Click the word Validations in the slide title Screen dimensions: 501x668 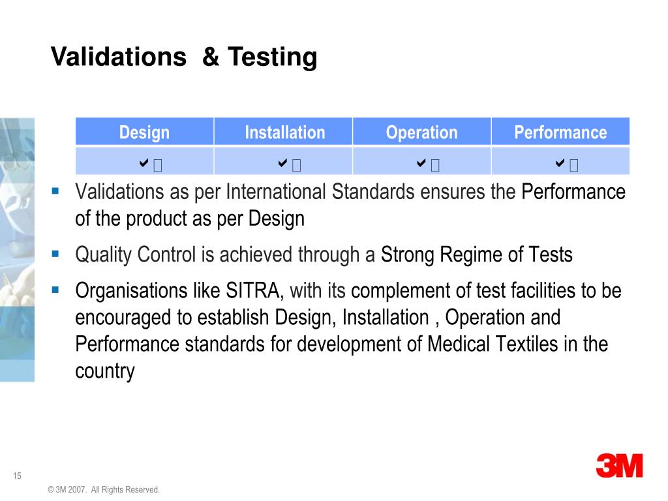click(118, 57)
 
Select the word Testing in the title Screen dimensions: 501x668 click(273, 57)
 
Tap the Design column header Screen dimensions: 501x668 click(144, 132)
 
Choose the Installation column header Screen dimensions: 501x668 click(284, 132)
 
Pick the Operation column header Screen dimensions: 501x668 click(421, 132)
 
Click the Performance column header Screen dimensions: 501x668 click(560, 132)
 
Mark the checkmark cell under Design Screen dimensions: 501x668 click(145, 162)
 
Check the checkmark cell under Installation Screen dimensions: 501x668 click(284, 162)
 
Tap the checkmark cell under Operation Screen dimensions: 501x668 click(422, 162)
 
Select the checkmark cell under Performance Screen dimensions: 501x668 click(561, 162)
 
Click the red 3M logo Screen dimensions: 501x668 click(619, 466)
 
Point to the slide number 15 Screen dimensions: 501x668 click(17, 476)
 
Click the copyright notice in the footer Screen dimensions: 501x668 click(104, 489)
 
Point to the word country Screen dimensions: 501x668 click(105, 371)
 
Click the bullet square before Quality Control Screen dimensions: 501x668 click(55, 252)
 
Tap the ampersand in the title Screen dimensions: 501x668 click(211, 57)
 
